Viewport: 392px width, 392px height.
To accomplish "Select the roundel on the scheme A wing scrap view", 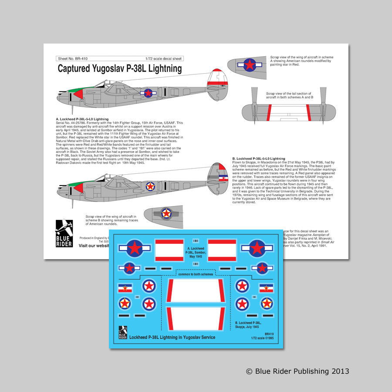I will click(x=249, y=65).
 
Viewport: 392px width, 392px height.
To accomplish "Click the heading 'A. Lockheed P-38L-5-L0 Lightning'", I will click(x=82, y=119).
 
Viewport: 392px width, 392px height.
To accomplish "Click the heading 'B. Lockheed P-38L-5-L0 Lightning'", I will click(x=259, y=159).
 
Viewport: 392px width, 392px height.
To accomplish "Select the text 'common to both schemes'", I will click(x=195, y=275).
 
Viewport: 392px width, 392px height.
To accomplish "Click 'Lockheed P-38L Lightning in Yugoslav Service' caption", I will click(x=172, y=338).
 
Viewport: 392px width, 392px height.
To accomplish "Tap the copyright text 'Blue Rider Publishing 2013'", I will click(x=297, y=371).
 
